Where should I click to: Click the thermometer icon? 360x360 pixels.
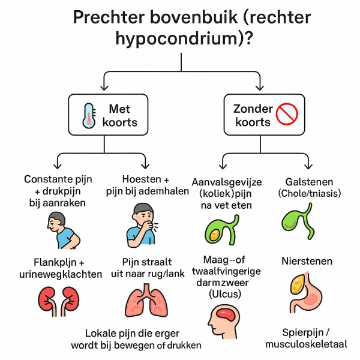coord(89,116)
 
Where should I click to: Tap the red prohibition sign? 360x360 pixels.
coord(287,114)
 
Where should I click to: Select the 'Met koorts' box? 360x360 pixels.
coord(108,115)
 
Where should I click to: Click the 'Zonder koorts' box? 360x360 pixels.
coord(264,115)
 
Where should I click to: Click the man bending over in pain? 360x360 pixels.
coord(64,230)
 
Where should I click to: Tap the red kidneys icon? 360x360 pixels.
coord(58,301)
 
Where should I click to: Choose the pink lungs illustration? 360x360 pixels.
coord(147,300)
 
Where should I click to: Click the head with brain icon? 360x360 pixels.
coord(224,322)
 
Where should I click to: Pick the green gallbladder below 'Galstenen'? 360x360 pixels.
coord(298,221)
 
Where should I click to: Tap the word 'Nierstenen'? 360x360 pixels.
coord(307,261)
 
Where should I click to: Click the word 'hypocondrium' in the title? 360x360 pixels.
coord(176,38)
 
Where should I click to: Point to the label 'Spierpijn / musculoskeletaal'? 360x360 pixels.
coord(306,338)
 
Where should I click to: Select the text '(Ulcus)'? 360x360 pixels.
coord(225,293)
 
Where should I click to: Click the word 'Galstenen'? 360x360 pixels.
coord(309,182)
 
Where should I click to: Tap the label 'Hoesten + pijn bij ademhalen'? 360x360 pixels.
coord(147,185)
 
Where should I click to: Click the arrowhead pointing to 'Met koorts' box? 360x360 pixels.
coord(104,87)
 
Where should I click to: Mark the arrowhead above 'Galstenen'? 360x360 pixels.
coord(308,166)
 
